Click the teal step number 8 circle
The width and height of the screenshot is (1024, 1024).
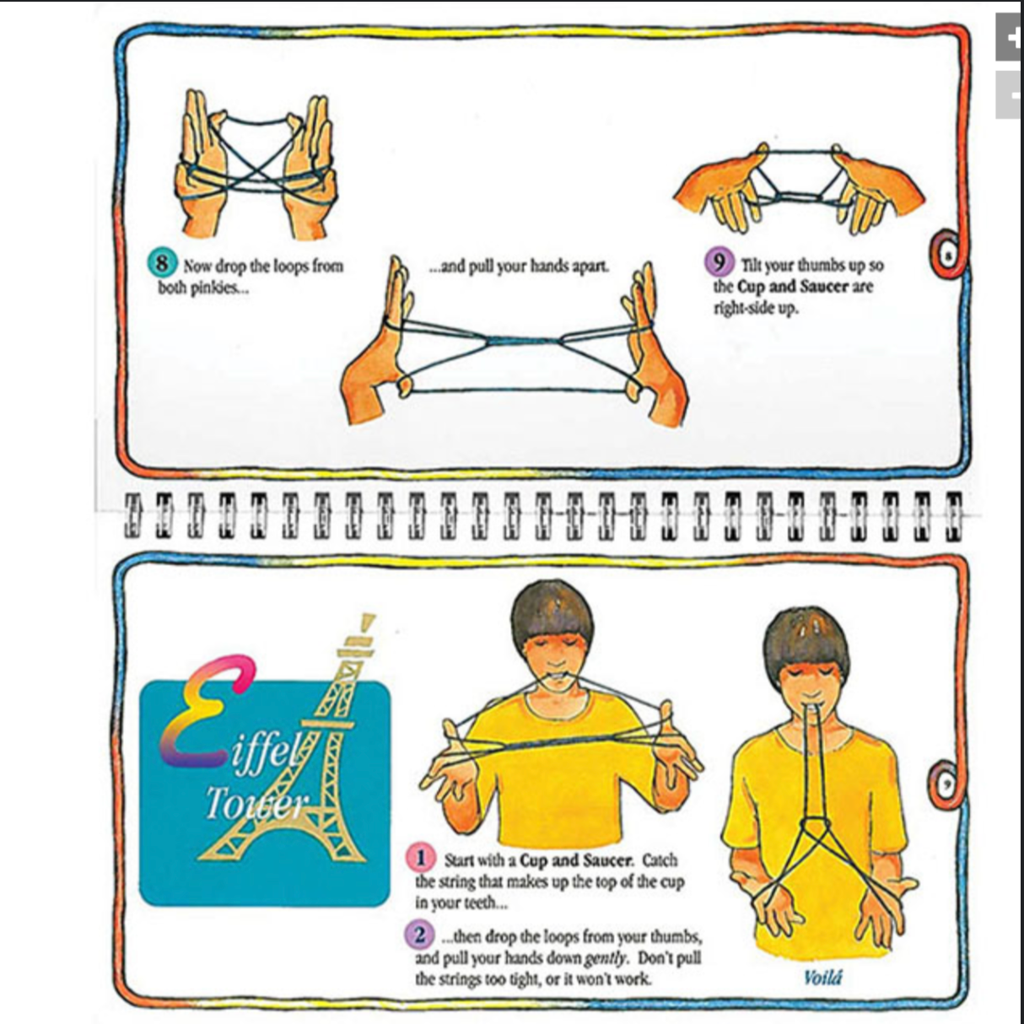[161, 263]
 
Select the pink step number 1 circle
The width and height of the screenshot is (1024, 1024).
[420, 858]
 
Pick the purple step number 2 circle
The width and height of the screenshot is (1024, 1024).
[419, 935]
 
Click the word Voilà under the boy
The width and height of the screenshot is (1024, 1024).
[822, 978]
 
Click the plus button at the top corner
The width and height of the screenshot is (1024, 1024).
[1011, 37]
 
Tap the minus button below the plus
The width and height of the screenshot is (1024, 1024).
[1011, 94]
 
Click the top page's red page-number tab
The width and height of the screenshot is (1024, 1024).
[946, 254]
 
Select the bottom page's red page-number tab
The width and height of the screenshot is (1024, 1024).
[946, 784]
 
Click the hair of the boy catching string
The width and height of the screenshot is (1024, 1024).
[552, 611]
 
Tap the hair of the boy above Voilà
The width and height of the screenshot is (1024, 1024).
[806, 638]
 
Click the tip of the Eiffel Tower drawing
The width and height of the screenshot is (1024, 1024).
[369, 617]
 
